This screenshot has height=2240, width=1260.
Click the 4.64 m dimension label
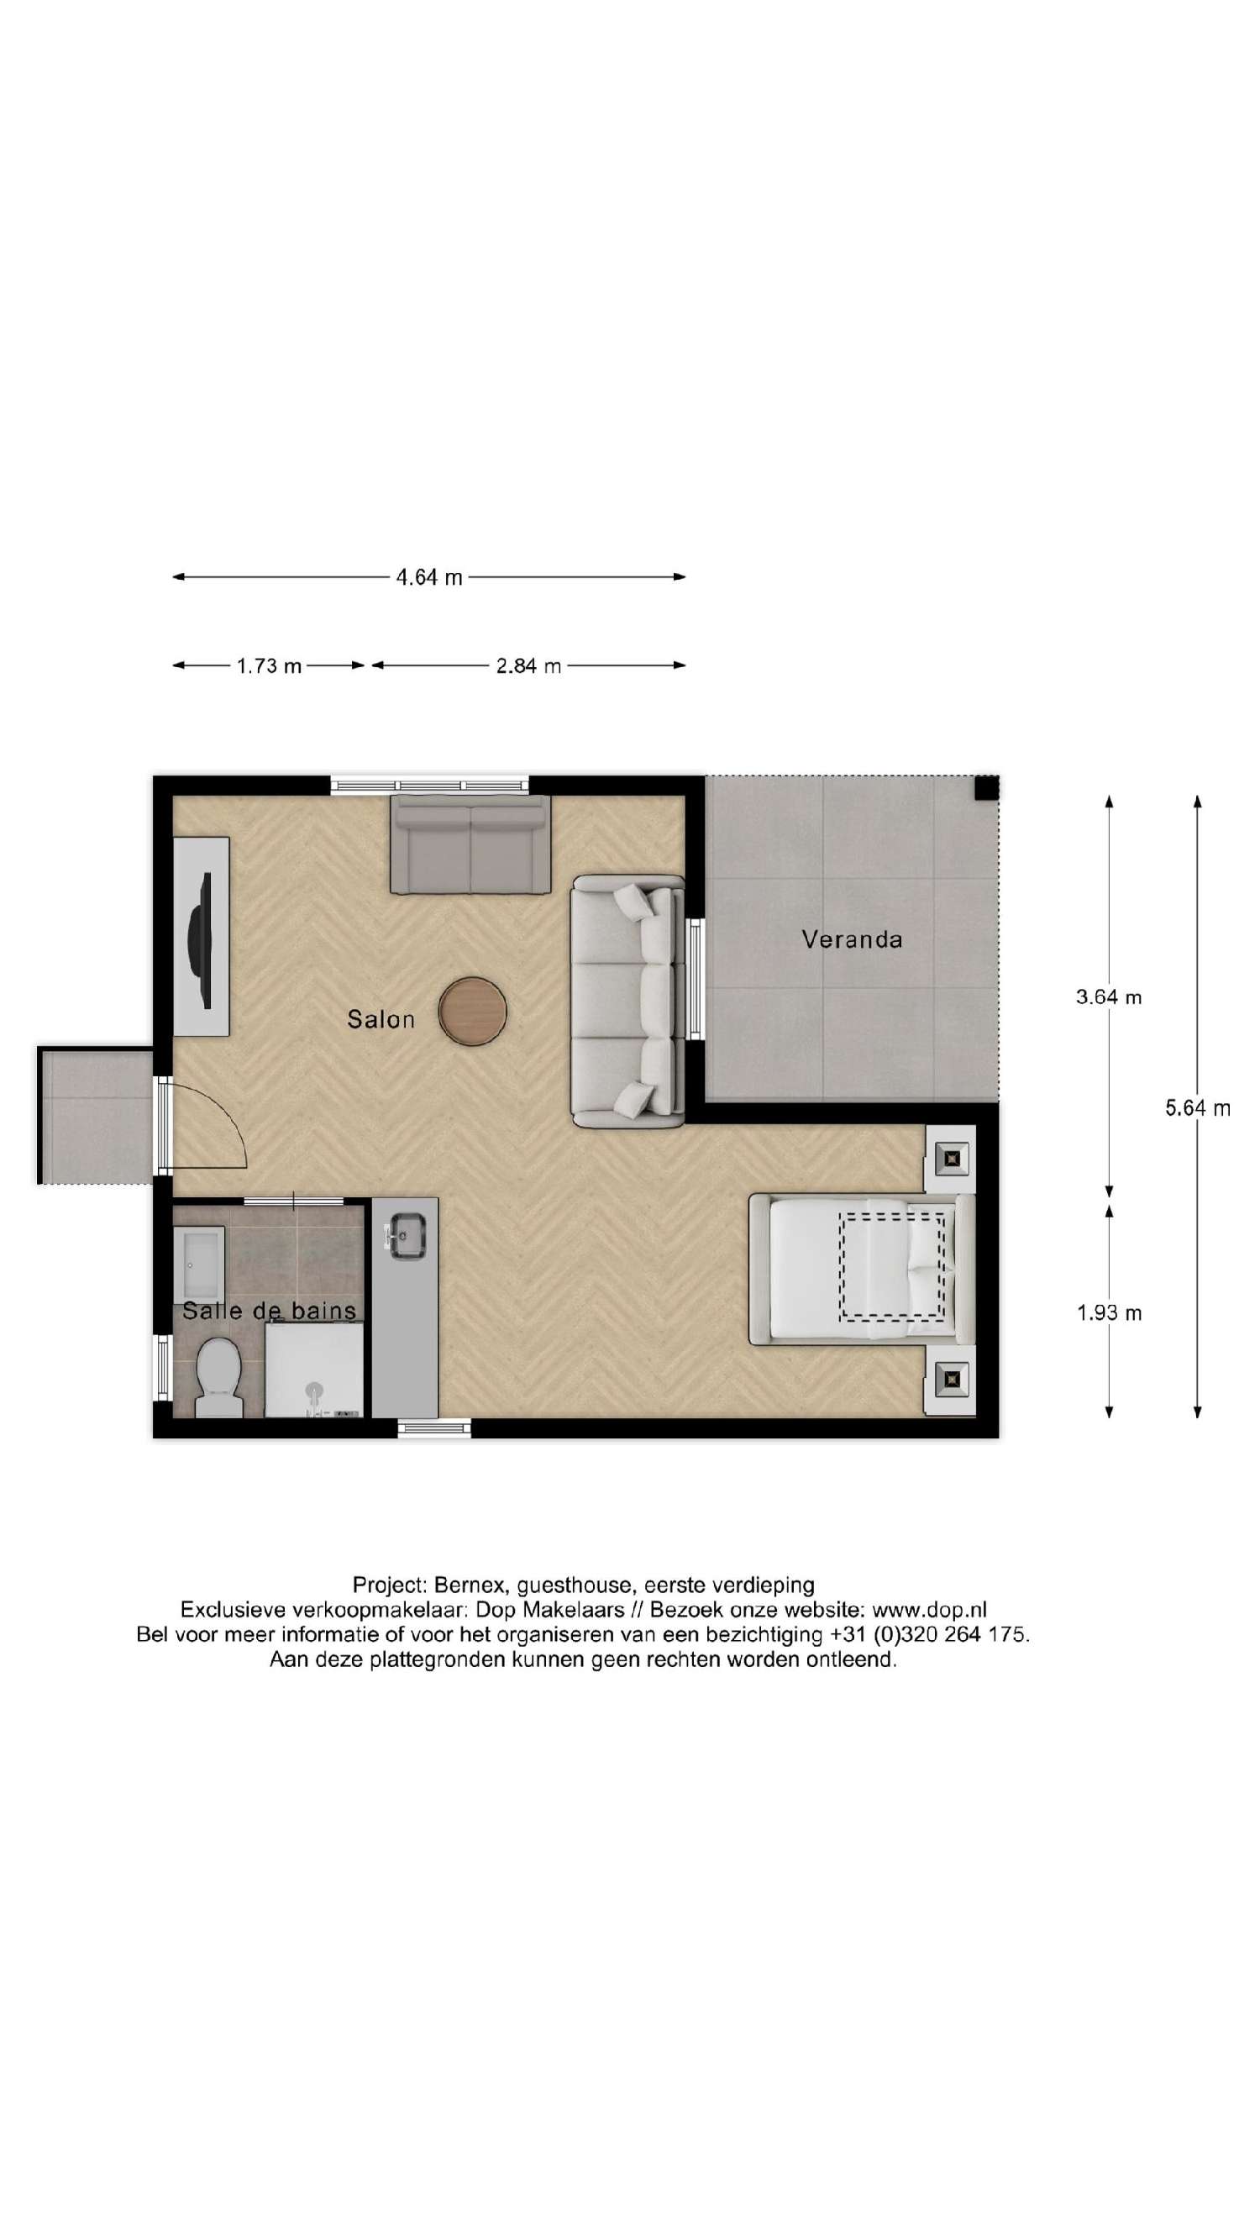[428, 577]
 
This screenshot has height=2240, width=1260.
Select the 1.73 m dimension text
[269, 666]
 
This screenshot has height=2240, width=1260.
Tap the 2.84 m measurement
[528, 666]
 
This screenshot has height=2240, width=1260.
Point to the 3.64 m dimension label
[1108, 997]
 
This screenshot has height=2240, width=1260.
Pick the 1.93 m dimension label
[1108, 1313]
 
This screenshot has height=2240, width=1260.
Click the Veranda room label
[851, 939]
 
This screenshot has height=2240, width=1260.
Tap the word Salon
[380, 1019]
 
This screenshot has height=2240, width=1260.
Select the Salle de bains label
[269, 1311]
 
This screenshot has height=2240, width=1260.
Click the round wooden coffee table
[472, 1012]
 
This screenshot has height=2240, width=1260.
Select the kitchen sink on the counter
[405, 1237]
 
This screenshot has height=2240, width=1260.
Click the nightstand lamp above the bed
[952, 1159]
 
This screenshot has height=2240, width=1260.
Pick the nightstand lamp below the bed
[952, 1377]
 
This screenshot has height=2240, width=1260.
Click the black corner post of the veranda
[985, 789]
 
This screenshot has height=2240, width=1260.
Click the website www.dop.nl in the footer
[929, 1610]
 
